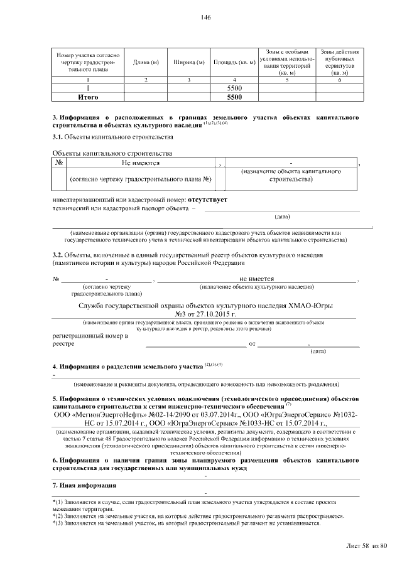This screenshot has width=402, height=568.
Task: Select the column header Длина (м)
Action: tap(146, 62)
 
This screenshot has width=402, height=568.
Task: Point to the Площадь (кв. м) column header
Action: tap(234, 62)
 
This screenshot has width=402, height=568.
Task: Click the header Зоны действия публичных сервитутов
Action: tap(339, 62)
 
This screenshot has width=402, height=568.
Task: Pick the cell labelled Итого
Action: tap(87, 97)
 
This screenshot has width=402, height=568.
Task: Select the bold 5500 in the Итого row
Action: tap(234, 97)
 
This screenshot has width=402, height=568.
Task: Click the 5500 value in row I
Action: tap(234, 89)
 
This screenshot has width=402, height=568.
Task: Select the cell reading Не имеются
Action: tap(140, 163)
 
